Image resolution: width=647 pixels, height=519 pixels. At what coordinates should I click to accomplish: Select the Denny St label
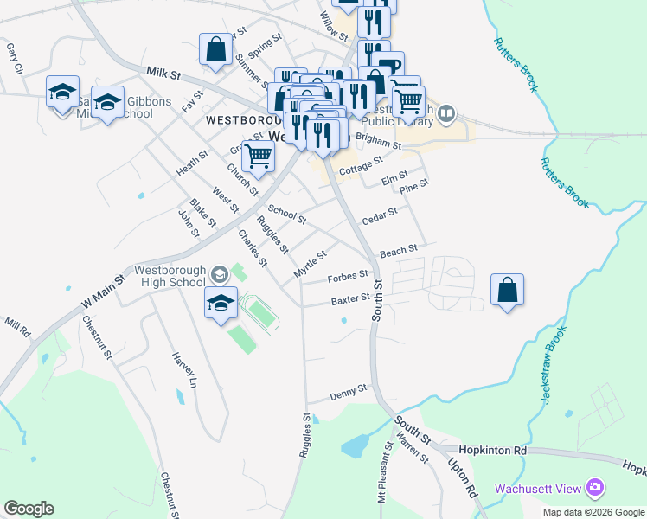(x=349, y=394)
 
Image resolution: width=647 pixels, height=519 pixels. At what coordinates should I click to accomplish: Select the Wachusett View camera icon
(x=594, y=489)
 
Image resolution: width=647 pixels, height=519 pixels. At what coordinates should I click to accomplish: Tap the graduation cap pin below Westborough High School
(x=221, y=303)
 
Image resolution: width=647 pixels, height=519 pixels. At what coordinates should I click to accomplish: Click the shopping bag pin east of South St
(x=508, y=290)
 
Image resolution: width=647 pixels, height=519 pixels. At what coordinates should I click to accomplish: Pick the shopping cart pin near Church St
(x=258, y=157)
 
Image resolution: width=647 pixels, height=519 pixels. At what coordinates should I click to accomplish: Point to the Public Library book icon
(x=446, y=112)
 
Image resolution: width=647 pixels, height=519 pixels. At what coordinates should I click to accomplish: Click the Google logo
(x=29, y=509)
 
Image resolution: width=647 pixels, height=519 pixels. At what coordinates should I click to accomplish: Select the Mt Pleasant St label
(x=383, y=475)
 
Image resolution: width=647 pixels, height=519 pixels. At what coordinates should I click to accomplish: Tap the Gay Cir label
(x=13, y=57)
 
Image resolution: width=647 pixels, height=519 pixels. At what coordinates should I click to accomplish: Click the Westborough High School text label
(x=170, y=276)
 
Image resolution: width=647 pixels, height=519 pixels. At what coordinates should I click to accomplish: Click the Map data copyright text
(x=593, y=512)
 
